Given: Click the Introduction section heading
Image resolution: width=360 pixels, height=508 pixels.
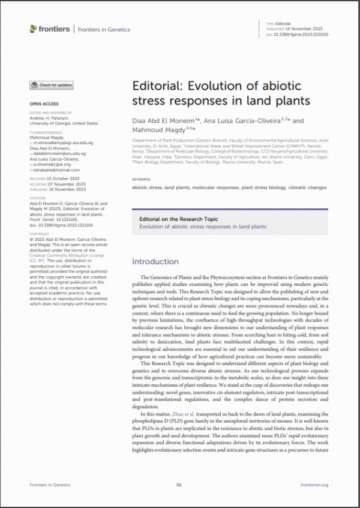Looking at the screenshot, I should point(155,262).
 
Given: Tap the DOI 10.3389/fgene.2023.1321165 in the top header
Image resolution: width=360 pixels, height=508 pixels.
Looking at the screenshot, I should point(305,34).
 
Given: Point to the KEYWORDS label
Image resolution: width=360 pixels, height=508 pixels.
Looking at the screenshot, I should point(142,179).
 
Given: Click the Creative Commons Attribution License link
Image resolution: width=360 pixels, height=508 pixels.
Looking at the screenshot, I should point(67,255).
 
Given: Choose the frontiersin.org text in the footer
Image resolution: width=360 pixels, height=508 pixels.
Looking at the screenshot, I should point(314,485).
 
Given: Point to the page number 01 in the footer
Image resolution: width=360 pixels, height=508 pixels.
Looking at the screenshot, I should point(179,485).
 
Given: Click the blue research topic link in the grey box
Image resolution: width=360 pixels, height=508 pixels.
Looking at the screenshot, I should point(202,227).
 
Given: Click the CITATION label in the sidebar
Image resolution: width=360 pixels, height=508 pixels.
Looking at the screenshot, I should point(37,197).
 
